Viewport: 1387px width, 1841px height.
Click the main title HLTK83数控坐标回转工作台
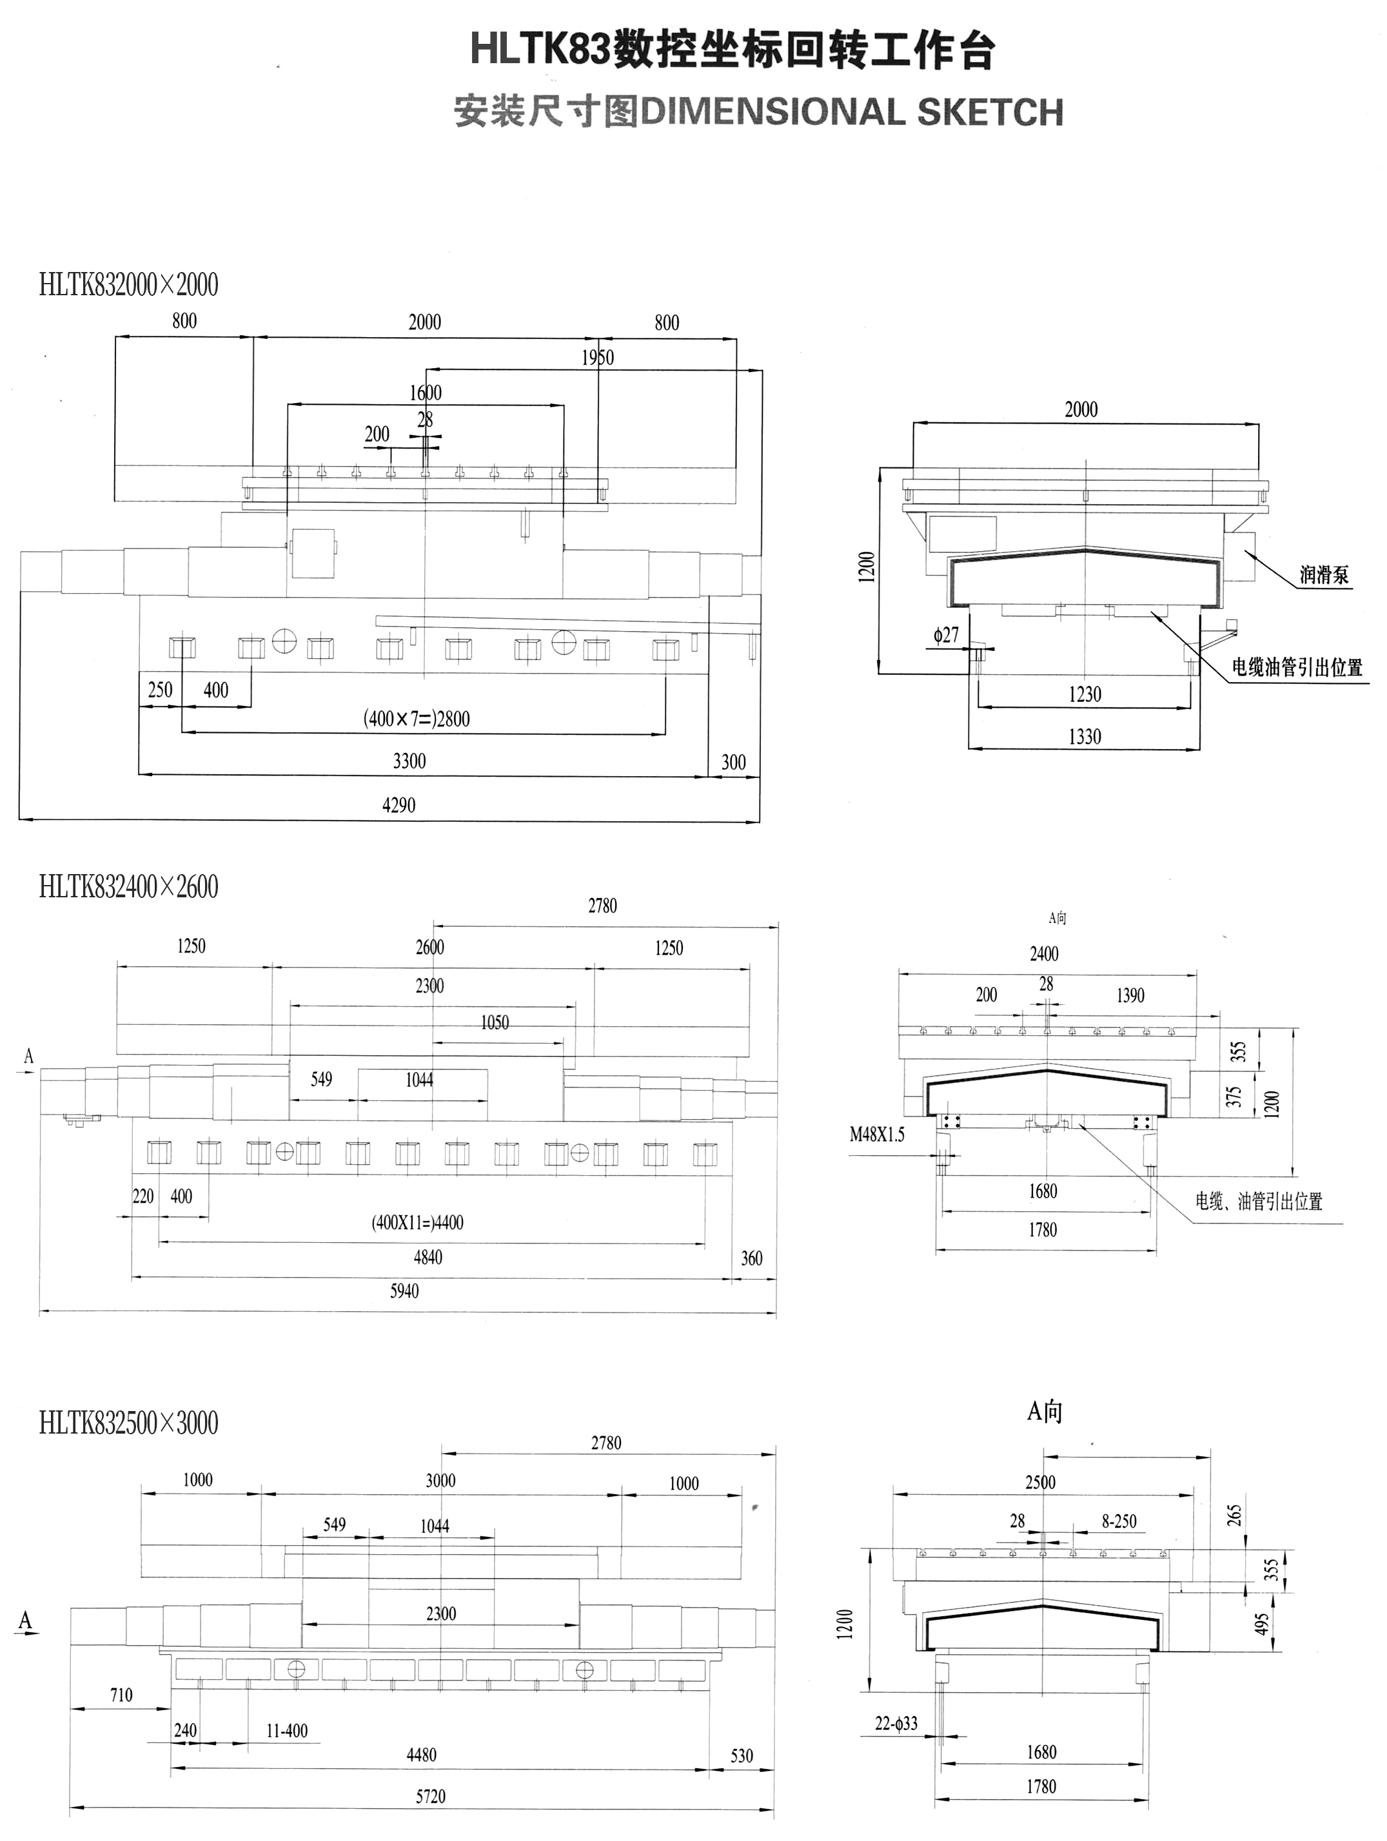pos(733,50)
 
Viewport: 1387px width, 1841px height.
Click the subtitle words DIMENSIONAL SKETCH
pos(852,112)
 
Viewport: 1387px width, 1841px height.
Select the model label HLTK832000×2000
pos(128,285)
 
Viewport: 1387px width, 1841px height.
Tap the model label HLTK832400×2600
pos(128,886)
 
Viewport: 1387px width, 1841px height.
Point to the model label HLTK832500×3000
pos(128,1423)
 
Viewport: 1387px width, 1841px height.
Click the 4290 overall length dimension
pos(398,805)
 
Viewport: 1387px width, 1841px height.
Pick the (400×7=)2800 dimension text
pos(417,718)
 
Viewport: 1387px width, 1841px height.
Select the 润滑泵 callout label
pos(1324,574)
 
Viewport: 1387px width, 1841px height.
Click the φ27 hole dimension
pos(946,636)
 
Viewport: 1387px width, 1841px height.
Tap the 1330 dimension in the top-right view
pos(1084,737)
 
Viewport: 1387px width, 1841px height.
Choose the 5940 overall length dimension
pos(404,1291)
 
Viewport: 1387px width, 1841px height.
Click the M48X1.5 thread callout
pos(877,1135)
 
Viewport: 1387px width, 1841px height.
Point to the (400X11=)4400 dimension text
pos(417,1223)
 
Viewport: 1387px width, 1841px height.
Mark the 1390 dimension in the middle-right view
pos(1130,995)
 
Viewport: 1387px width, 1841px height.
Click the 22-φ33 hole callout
pos(896,1724)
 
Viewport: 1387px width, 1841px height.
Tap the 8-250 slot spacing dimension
pos(1119,1521)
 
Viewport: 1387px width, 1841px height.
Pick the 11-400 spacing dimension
pos(286,1731)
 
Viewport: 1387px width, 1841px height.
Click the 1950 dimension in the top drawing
pos(598,358)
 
